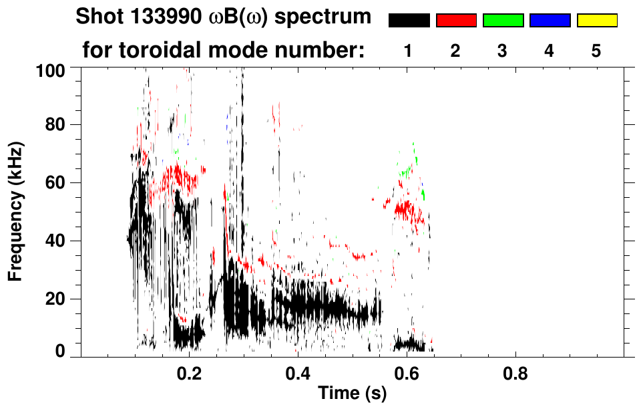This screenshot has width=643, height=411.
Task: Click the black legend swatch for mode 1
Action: tap(409, 21)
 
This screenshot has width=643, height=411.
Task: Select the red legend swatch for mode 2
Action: tap(456, 21)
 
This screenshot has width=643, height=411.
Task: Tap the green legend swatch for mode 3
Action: tap(503, 21)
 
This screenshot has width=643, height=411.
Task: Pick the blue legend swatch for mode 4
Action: tap(550, 21)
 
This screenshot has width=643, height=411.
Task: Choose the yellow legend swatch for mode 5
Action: tap(596, 21)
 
